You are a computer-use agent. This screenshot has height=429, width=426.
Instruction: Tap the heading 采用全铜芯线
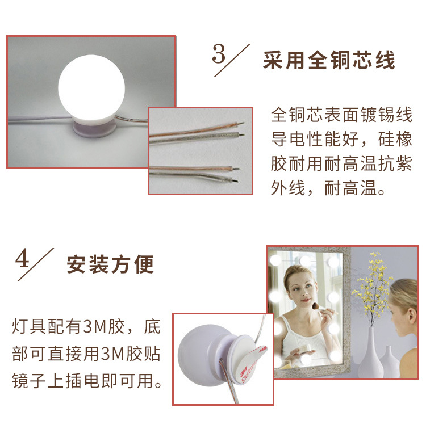pos(329,61)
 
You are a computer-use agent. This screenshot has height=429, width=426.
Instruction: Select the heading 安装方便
pos(110,264)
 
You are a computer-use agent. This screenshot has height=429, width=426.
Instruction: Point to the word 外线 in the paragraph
pos(285,188)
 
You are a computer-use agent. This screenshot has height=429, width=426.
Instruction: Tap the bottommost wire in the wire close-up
pos(199,178)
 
